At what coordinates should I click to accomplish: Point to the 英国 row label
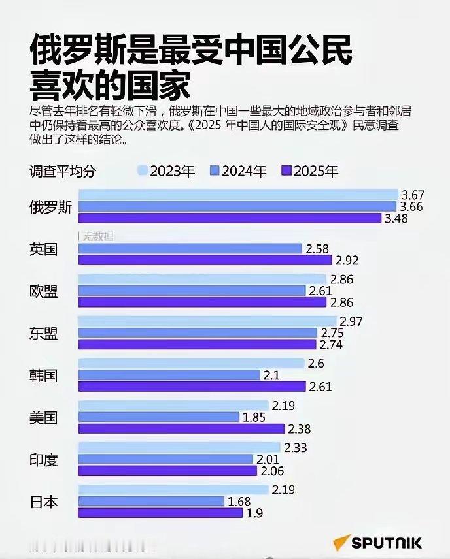[44, 249]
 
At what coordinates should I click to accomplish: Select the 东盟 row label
[44, 333]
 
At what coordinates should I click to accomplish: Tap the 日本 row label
[44, 502]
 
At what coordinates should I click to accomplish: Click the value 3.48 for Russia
[396, 219]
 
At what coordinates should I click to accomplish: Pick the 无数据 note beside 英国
[97, 236]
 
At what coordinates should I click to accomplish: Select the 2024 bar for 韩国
[169, 375]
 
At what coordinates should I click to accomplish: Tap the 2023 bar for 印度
[180, 447]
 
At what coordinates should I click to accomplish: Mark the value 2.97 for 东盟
[351, 321]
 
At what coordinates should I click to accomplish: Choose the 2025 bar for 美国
[181, 428]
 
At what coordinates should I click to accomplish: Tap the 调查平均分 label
[63, 172]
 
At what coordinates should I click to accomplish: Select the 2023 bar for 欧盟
[202, 279]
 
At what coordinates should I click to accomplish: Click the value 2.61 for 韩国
[320, 387]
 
